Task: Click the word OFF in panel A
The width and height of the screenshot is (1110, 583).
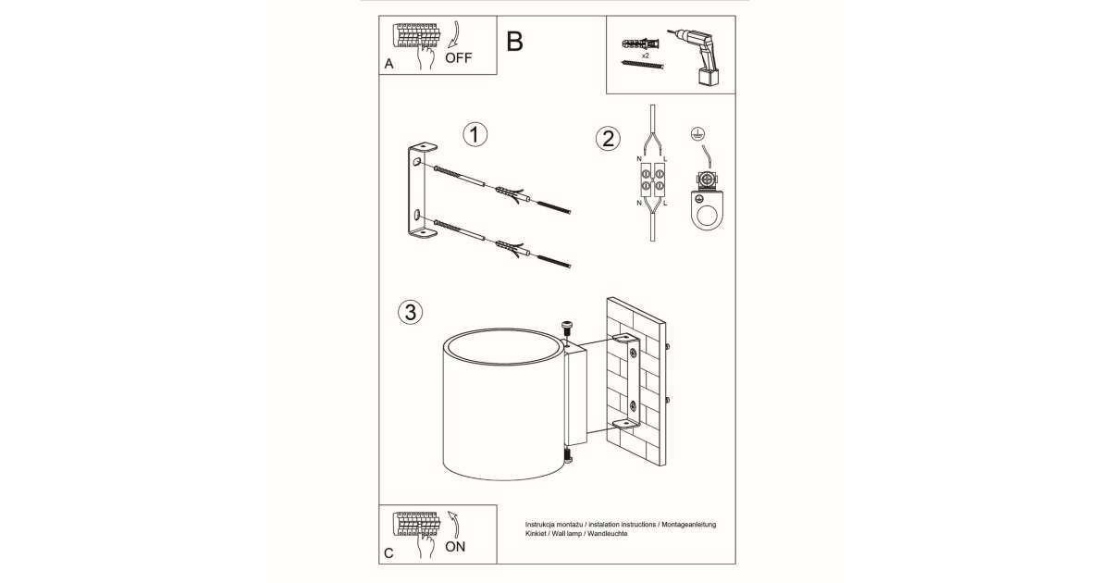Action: point(458,56)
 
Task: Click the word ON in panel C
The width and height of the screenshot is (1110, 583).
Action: point(455,546)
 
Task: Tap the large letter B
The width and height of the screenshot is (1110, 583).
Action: point(515,42)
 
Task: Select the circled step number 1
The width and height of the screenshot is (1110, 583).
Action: point(475,135)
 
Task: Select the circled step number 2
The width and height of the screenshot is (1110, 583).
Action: point(608,139)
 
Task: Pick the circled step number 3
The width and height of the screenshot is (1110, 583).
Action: point(408,312)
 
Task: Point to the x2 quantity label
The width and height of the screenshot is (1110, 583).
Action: point(644,56)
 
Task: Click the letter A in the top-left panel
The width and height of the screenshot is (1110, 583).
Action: point(388,64)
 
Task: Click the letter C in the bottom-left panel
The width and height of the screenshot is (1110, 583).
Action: point(388,553)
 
